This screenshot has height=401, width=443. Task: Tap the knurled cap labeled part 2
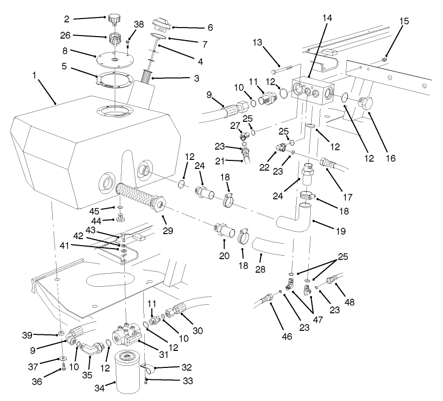point(114,19)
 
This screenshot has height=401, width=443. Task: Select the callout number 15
point(404,22)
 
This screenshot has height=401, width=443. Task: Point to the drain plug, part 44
point(120,218)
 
